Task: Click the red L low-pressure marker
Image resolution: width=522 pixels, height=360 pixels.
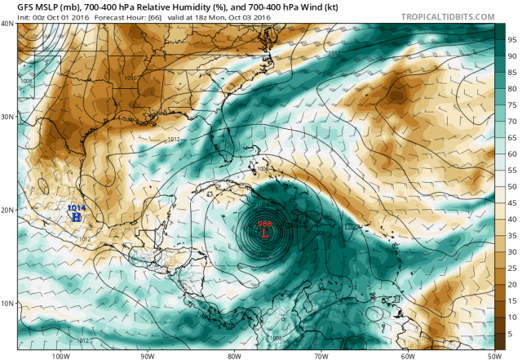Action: coord(265,233)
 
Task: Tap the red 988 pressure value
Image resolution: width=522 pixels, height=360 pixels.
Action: coord(265,224)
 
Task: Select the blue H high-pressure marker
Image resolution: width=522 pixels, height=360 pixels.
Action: coord(76,218)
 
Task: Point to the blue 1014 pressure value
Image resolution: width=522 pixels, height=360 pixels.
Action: coord(76,209)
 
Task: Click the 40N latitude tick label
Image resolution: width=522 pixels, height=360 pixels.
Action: coord(7,24)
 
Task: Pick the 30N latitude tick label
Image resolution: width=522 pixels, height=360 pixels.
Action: coord(7,117)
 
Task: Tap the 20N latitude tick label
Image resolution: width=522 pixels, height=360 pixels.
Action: coord(7,210)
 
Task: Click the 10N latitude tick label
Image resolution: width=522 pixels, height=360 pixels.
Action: coord(7,304)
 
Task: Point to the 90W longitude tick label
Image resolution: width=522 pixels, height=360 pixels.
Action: coord(147,355)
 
